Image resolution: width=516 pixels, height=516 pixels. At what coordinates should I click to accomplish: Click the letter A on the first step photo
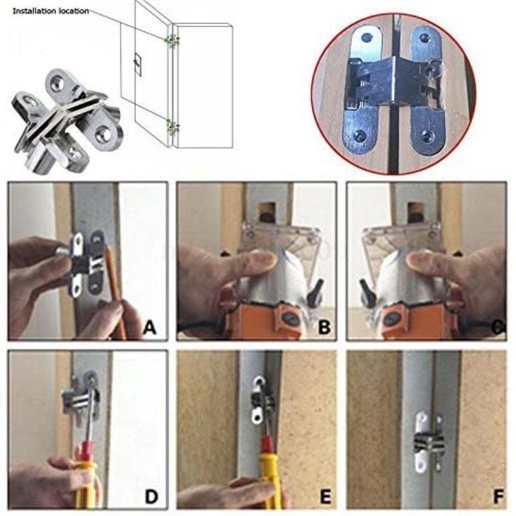(x=149, y=326)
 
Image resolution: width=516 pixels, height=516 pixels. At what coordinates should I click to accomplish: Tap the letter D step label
(x=151, y=496)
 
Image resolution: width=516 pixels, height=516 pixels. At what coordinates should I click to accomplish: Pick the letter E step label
(x=324, y=496)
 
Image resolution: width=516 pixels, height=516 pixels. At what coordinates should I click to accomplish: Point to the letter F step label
(x=498, y=496)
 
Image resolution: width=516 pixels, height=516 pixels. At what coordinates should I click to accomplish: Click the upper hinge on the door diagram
(x=171, y=40)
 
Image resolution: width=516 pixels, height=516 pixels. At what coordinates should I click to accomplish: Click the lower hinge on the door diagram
(x=171, y=125)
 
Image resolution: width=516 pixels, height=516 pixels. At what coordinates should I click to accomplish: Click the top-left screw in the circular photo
(x=367, y=38)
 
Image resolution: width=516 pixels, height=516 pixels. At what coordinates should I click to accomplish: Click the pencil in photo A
(x=116, y=289)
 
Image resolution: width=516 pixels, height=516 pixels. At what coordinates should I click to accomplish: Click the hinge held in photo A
(x=85, y=263)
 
